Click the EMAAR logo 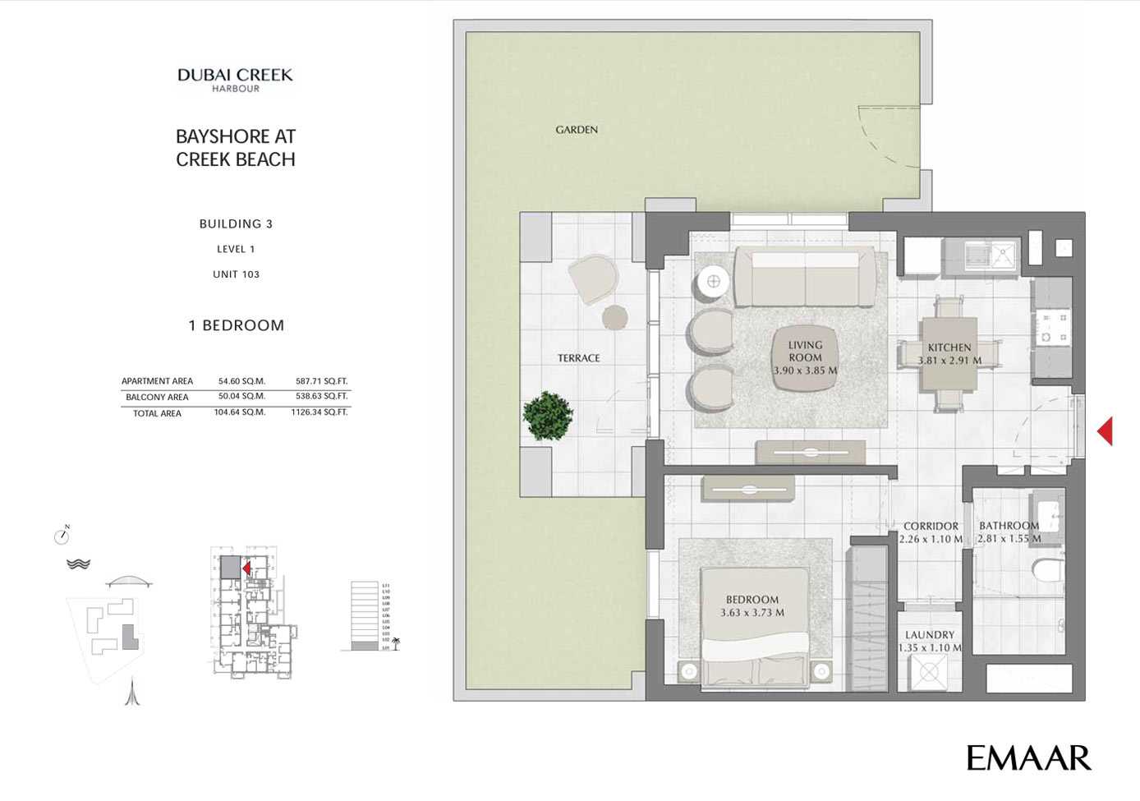tap(1028, 758)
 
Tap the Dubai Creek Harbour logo tap(236, 80)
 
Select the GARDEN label tap(577, 130)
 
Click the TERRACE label tap(579, 358)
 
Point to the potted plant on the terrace tap(548, 416)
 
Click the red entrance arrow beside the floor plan tap(1106, 431)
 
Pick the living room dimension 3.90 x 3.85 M tap(805, 371)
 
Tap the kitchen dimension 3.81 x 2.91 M tap(949, 361)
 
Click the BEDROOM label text tap(752, 600)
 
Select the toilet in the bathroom tap(1049, 569)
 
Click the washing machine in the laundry tap(929, 673)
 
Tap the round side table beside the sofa tap(713, 282)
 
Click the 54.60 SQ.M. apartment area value tap(241, 381)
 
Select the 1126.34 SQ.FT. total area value tap(319, 412)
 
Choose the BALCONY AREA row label tap(157, 398)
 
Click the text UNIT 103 tap(236, 274)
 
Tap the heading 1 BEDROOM tap(237, 325)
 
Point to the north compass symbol tap(62, 536)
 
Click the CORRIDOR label tap(931, 527)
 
